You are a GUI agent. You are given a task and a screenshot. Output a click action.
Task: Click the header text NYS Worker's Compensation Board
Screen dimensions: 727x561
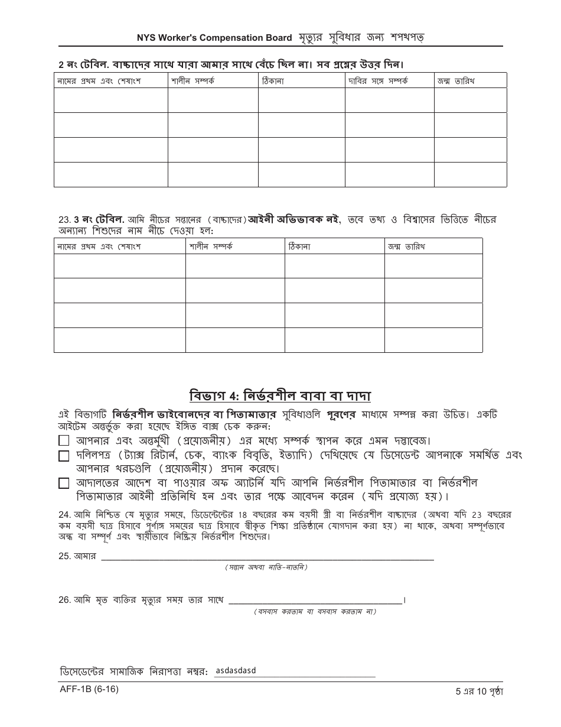click(214, 38)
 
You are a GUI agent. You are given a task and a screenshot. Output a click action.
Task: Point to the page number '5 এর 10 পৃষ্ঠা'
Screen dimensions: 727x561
click(479, 690)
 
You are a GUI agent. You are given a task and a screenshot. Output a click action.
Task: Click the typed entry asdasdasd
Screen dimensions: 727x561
click(236, 670)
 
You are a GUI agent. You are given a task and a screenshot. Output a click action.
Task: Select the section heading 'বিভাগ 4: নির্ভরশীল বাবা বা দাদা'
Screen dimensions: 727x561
click(280, 395)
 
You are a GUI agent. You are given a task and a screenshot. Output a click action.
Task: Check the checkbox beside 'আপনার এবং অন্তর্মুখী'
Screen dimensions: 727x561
click(64, 440)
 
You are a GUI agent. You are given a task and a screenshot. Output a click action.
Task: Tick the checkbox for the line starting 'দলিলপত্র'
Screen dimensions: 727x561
click(64, 456)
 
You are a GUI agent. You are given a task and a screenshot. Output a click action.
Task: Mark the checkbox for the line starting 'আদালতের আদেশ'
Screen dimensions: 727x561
click(64, 483)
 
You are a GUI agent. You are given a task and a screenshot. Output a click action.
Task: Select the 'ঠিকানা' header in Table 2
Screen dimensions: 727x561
click(273, 80)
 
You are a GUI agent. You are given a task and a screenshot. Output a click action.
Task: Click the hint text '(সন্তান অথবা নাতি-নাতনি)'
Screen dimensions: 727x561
click(266, 567)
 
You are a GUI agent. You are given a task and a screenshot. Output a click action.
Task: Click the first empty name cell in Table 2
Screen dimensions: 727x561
click(110, 100)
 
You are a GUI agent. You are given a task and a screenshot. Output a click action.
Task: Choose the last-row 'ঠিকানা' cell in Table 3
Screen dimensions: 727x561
click(334, 340)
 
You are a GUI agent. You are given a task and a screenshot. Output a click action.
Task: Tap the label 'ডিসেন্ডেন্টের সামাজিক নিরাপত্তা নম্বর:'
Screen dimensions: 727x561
click(133, 672)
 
